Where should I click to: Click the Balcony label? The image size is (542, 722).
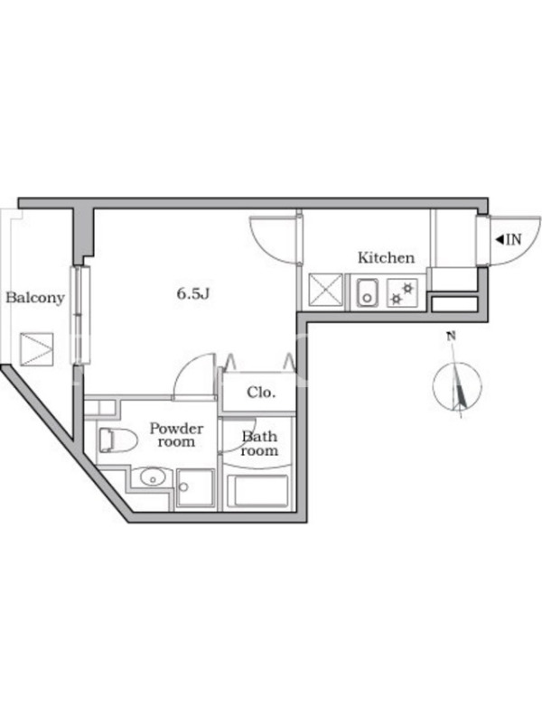point(35,298)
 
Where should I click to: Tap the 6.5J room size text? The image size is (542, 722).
point(193,293)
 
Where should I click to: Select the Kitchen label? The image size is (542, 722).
point(387,257)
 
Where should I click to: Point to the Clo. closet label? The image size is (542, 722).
point(261,393)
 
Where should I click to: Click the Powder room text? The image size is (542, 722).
point(176,435)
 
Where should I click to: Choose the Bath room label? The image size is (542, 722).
point(259,443)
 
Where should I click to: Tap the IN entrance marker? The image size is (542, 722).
point(509,239)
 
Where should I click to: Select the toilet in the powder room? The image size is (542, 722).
point(118,440)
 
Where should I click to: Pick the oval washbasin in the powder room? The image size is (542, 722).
point(153,477)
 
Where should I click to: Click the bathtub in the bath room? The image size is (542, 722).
point(258,491)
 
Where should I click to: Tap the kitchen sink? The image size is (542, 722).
point(368,292)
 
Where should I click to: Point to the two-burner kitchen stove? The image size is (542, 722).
point(402,292)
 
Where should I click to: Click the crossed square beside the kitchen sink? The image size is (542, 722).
point(326,290)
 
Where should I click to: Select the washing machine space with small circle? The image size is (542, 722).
point(195,488)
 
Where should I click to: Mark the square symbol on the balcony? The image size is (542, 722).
point(36,349)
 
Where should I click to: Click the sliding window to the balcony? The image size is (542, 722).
point(80,315)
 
